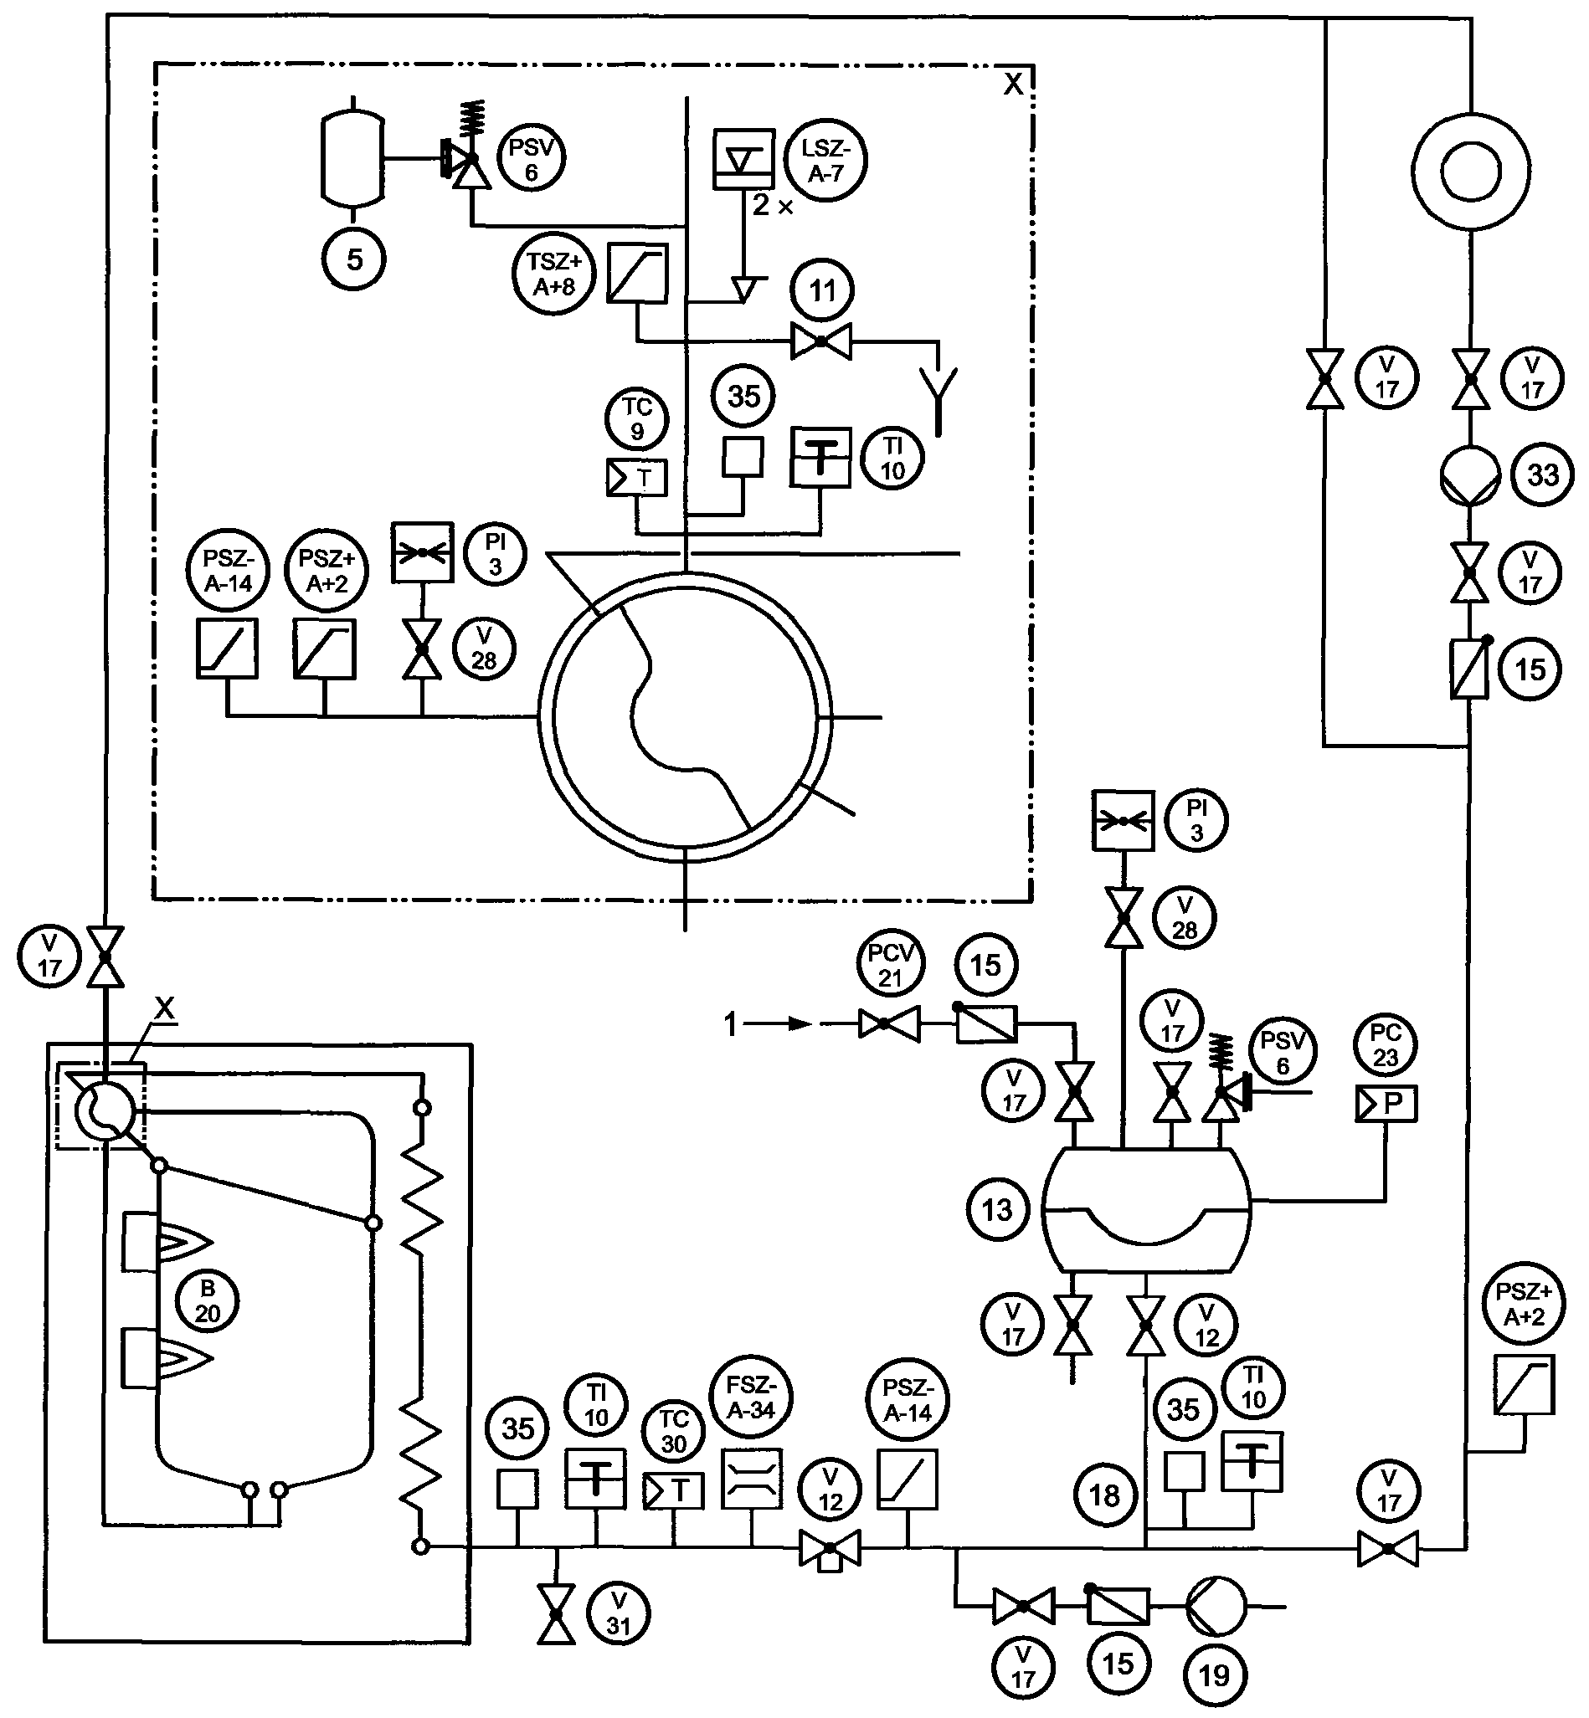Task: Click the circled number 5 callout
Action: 354,259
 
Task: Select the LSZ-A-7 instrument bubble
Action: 826,161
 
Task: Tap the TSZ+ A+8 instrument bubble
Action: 554,274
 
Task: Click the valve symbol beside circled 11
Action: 821,342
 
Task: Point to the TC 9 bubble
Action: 636,418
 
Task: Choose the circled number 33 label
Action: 1543,474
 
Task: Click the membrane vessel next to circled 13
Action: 1147,1209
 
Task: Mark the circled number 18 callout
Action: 1105,1496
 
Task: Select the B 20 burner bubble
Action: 208,1301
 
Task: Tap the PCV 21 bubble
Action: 890,965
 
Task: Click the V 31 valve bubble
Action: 618,1613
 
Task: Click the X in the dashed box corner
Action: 1014,84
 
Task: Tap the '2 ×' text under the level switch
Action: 773,205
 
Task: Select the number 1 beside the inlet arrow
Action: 731,1024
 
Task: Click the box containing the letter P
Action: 1386,1105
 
